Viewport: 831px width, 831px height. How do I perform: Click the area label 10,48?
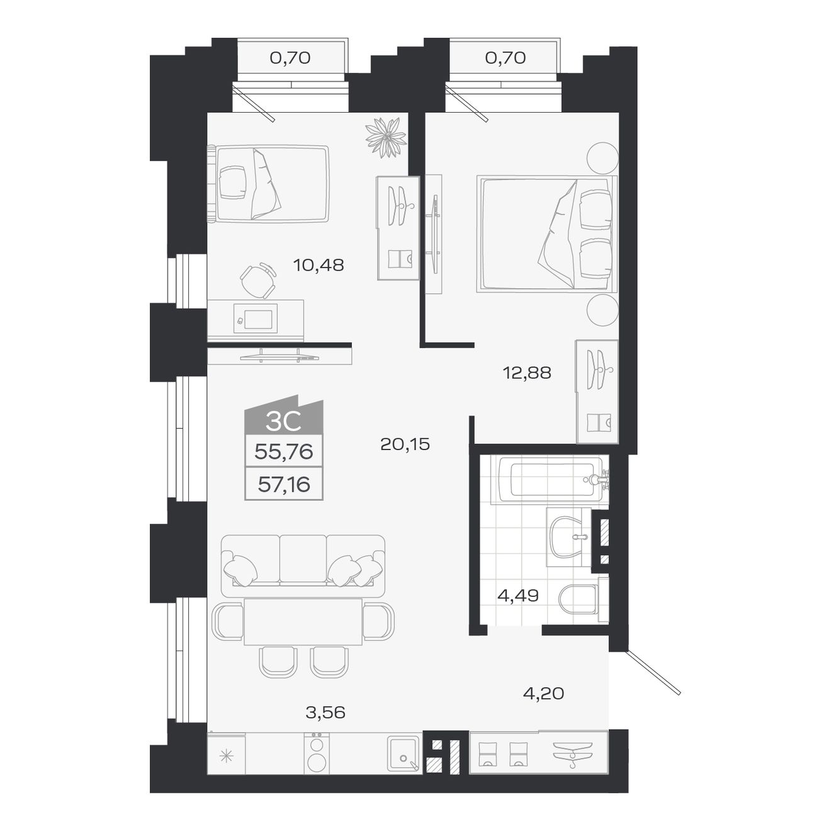click(319, 265)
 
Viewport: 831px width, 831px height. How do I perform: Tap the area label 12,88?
click(527, 373)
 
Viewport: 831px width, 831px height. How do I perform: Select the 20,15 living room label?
click(405, 444)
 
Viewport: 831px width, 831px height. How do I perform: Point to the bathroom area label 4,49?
click(517, 595)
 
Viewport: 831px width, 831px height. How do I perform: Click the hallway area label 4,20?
click(543, 694)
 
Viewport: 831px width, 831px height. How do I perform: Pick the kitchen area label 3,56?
click(325, 713)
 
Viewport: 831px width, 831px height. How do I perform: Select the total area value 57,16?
click(283, 485)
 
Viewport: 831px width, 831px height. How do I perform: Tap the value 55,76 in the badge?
click(283, 451)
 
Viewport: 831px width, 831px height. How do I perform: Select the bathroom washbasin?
click(569, 538)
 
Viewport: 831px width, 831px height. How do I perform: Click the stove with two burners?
click(316, 754)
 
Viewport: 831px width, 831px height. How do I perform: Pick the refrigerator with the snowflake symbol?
click(226, 755)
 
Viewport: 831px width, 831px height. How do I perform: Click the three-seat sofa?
click(303, 560)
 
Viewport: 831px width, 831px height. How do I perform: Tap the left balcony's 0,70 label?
click(290, 58)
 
